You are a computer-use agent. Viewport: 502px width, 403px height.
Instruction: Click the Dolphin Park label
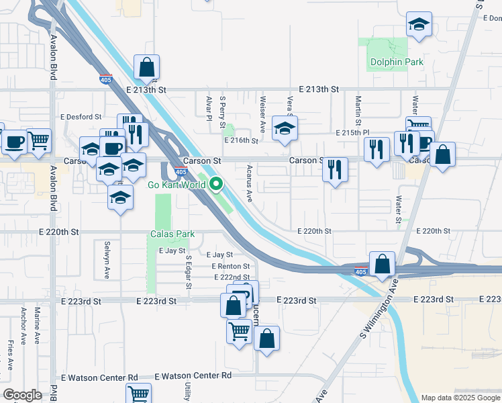click(x=397, y=62)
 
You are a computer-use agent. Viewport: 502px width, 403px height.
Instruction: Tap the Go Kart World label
click(x=176, y=184)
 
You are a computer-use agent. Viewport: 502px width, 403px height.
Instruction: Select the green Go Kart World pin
click(x=216, y=184)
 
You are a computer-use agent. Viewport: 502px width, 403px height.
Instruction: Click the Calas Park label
click(x=172, y=234)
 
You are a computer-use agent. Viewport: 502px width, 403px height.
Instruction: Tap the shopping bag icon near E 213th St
click(x=146, y=67)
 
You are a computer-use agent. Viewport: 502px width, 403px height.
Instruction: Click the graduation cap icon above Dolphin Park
click(x=419, y=26)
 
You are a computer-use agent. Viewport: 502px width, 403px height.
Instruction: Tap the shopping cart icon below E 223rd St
click(x=240, y=331)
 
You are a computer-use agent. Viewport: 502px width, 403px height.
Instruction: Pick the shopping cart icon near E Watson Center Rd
click(x=138, y=394)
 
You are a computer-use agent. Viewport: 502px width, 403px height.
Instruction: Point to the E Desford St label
click(x=81, y=116)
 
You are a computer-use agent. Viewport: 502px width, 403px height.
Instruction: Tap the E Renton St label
click(x=230, y=267)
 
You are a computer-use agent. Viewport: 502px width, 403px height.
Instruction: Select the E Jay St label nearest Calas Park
click(x=171, y=251)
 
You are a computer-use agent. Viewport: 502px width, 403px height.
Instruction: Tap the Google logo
click(x=22, y=395)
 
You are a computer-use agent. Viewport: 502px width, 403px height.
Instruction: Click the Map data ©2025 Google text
click(x=460, y=398)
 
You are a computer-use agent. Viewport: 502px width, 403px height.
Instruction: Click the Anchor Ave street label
click(x=23, y=326)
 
